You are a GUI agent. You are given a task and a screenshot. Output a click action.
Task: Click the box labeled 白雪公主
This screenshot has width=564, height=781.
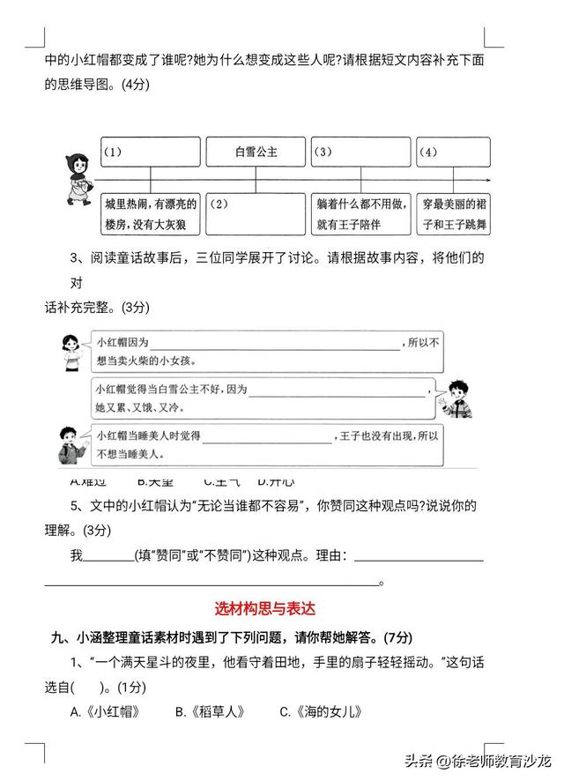point(256,152)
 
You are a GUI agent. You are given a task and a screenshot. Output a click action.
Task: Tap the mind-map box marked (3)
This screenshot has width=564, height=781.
point(361,152)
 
